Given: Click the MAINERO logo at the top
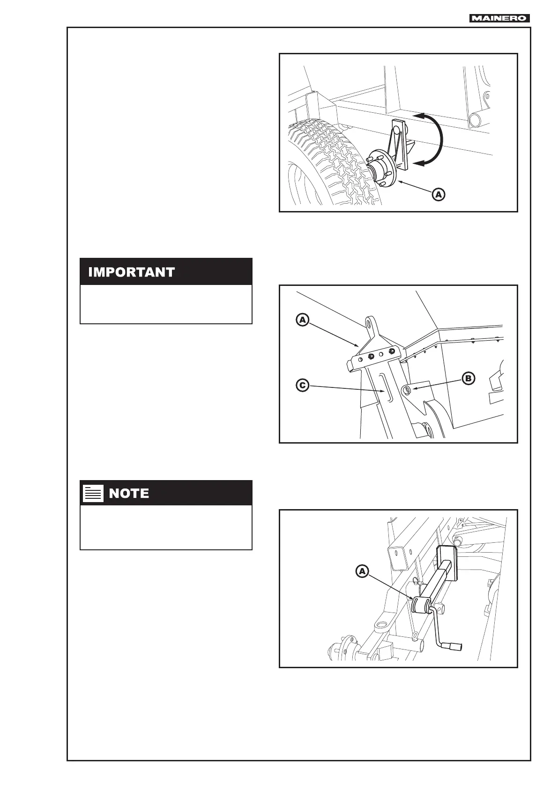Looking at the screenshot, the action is coord(500,18).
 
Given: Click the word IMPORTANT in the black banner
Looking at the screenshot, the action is coord(131,272).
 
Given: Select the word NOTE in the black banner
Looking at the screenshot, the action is coord(129,493).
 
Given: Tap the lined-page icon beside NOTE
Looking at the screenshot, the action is coord(93,493).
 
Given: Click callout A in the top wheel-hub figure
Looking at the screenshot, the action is coord(438,194).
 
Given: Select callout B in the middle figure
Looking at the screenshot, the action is coord(469,379).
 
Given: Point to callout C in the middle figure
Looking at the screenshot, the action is coord(303,386).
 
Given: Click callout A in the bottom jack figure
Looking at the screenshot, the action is coord(362,571).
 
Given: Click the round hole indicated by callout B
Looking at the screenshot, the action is coord(407,390).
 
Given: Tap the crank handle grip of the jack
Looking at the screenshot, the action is coord(455,647).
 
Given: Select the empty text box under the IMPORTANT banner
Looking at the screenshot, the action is coord(166,304).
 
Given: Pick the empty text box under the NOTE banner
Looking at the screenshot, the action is coord(166,527).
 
